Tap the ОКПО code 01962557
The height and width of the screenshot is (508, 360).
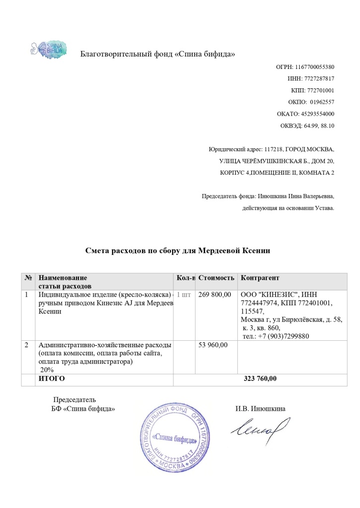[322, 102]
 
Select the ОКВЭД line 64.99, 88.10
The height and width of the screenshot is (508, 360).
[321, 126]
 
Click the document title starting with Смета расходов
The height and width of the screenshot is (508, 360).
[178, 251]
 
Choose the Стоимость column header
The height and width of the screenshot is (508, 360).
[216, 278]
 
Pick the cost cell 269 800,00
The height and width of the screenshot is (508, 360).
[215, 295]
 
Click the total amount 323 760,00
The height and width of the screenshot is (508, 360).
[260, 379]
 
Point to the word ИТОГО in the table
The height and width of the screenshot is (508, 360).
[52, 379]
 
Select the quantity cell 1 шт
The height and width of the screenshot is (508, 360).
[184, 295]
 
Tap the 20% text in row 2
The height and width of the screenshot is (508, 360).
[48, 370]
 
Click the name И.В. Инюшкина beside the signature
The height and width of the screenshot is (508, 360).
[260, 409]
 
